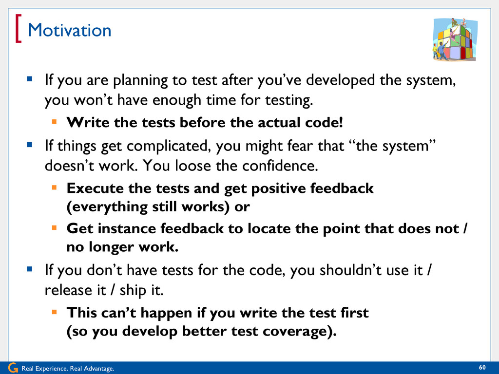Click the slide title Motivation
(x=69, y=31)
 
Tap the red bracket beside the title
(x=18, y=28)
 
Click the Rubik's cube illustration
(x=455, y=39)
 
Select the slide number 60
(x=482, y=368)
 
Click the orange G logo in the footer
(x=13, y=368)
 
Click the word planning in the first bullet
(x=140, y=80)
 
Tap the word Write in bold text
(x=88, y=122)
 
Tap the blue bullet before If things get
(x=30, y=145)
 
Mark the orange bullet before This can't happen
(x=55, y=312)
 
